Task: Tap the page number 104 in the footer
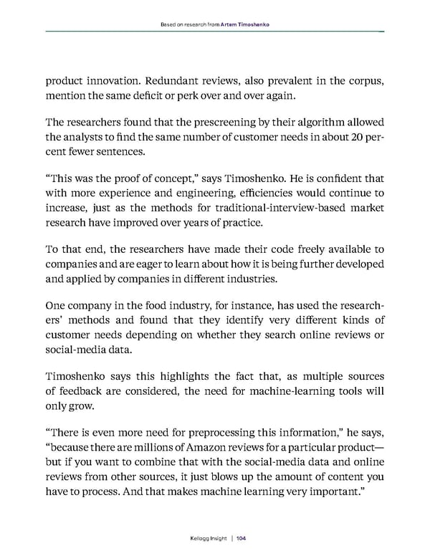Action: pyautogui.click(x=241, y=537)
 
